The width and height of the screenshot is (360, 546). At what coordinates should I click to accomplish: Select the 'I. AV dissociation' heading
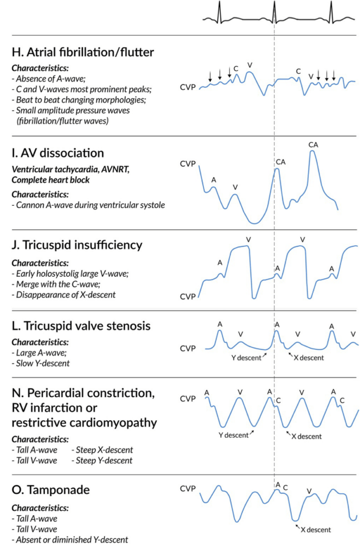coord(57,153)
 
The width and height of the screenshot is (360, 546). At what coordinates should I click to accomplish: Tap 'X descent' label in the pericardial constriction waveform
coord(307,436)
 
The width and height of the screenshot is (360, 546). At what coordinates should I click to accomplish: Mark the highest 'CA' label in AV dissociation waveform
coord(313,144)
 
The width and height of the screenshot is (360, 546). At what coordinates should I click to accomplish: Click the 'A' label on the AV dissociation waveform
coord(214,180)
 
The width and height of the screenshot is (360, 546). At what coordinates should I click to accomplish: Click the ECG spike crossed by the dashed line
coord(274,11)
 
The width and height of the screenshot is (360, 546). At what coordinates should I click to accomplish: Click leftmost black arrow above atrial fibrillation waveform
coord(210,77)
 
